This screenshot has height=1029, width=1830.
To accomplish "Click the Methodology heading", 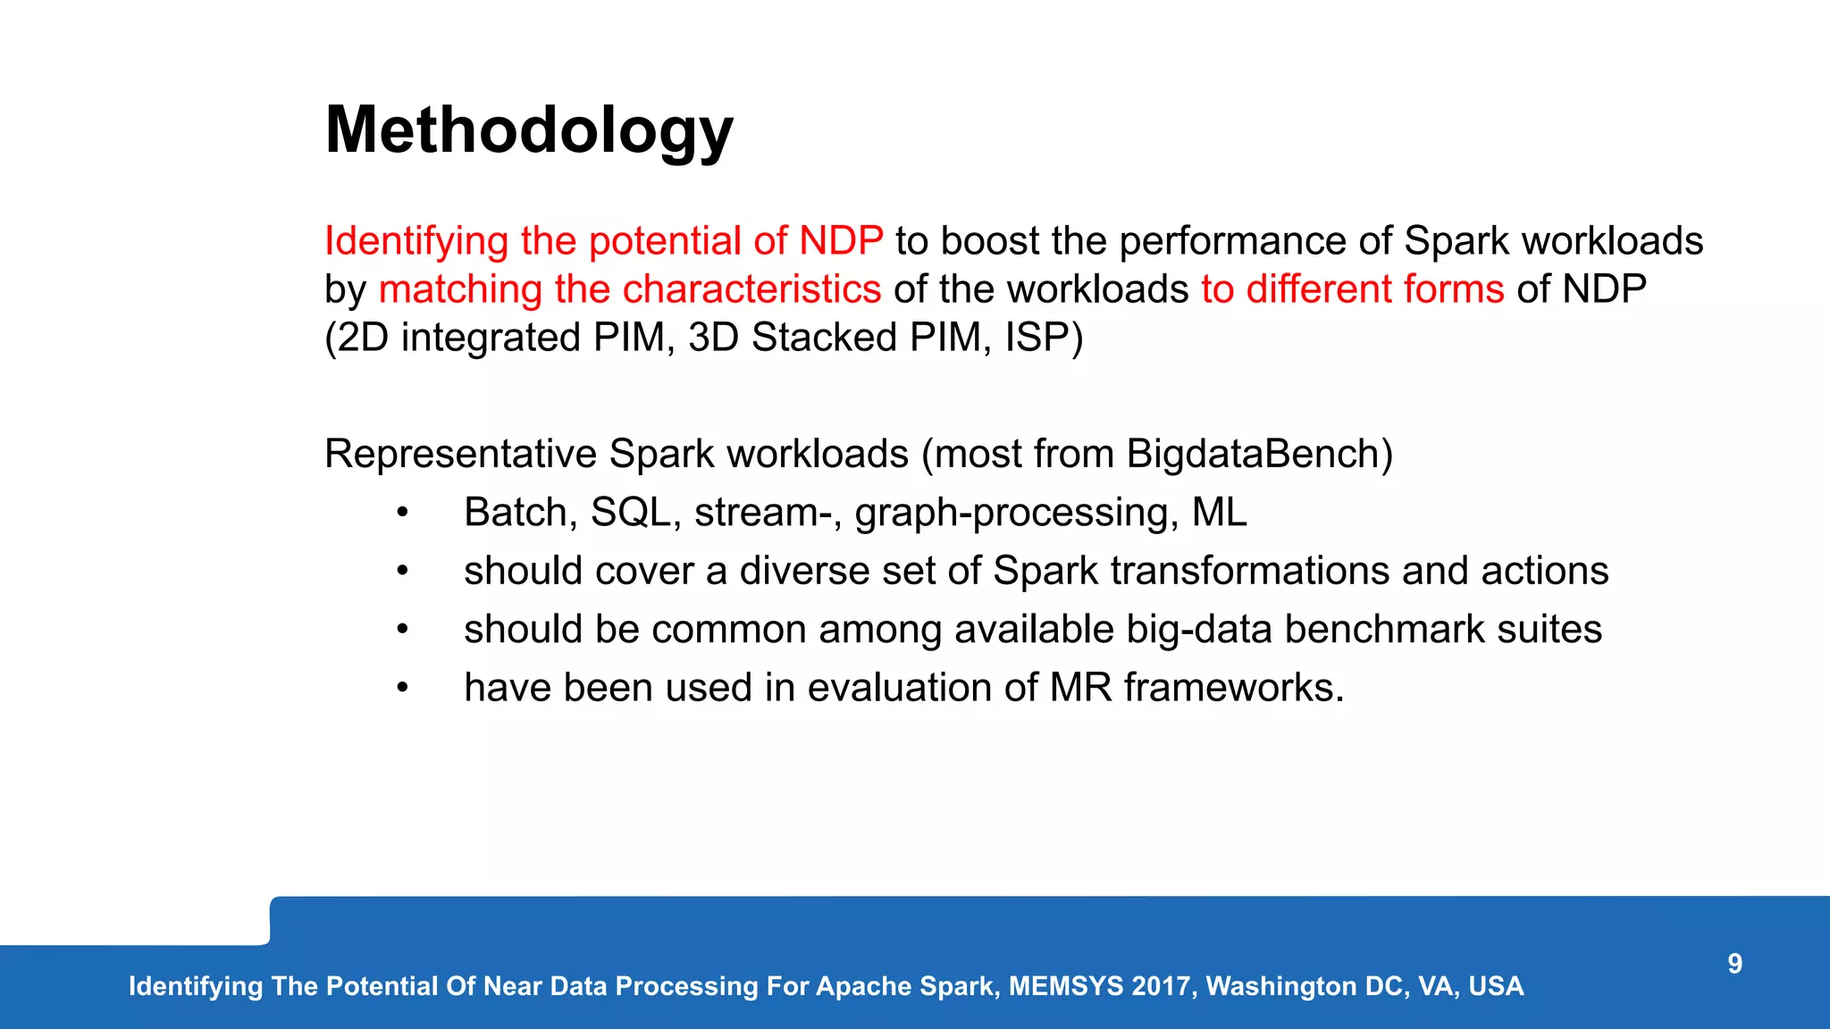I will [x=529, y=131].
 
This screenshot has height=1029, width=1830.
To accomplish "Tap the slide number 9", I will [x=1734, y=964].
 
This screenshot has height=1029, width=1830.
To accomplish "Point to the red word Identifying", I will [x=416, y=241].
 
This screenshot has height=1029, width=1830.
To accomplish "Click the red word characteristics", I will [x=751, y=289].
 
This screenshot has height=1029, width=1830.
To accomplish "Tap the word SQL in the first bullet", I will [x=631, y=513].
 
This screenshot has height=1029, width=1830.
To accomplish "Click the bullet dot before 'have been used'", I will [x=403, y=688].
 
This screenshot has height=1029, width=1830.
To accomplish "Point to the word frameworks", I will [x=1232, y=688].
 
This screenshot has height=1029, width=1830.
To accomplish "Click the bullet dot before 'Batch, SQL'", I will [x=403, y=513].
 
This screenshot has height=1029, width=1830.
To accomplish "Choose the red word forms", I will [x=1454, y=289].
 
